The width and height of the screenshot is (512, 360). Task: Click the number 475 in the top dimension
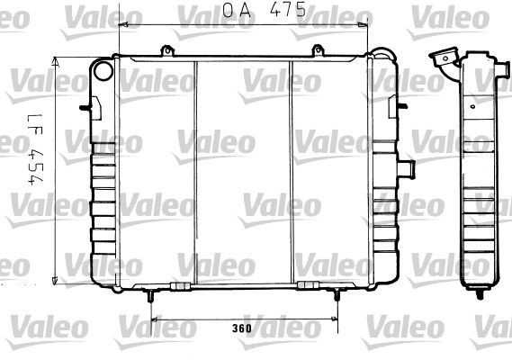pos(291,11)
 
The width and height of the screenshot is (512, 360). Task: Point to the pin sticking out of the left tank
pos(85,109)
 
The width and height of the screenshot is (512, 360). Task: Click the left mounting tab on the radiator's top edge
pos(166,52)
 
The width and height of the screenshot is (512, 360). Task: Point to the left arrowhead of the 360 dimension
pos(154,319)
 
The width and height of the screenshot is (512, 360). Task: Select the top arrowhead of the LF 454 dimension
pos(57,59)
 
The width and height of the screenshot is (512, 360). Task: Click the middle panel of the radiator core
pos(243,171)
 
